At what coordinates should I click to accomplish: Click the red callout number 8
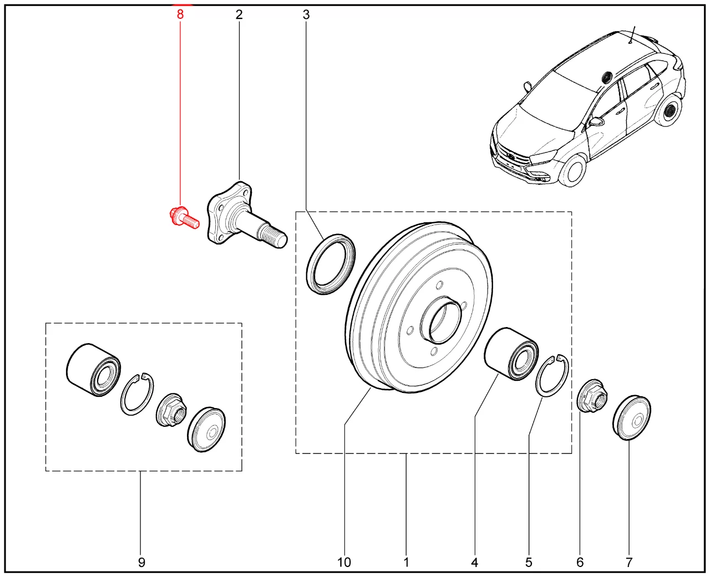(x=180, y=14)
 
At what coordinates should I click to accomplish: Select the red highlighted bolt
(x=182, y=217)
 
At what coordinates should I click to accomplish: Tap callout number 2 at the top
(x=239, y=14)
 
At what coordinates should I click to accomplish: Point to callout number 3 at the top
(x=306, y=14)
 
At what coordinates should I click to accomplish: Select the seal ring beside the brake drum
(x=331, y=263)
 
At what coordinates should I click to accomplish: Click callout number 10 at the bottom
(x=344, y=562)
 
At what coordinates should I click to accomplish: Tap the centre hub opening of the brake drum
(x=442, y=320)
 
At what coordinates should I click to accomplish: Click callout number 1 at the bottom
(x=406, y=562)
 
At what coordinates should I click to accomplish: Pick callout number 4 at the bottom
(x=474, y=562)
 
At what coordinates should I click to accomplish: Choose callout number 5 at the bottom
(x=529, y=562)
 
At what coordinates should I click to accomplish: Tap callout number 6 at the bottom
(x=580, y=562)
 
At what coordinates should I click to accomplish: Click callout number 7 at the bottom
(x=629, y=562)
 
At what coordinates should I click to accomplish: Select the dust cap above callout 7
(x=633, y=417)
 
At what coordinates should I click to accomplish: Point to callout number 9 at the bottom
(x=141, y=562)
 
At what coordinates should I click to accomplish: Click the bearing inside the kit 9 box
(x=92, y=370)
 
